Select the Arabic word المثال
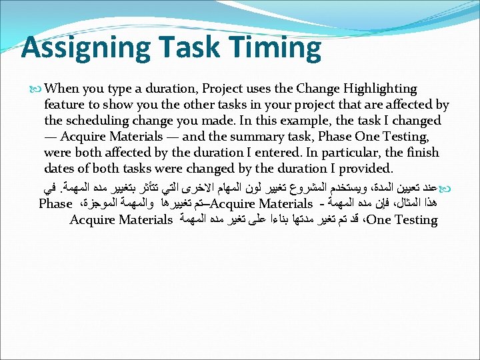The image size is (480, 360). pos(417,203)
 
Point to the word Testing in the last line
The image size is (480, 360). pos(416,219)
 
